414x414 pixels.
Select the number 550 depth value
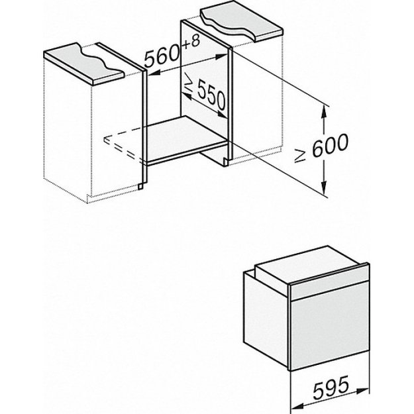(211, 97)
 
